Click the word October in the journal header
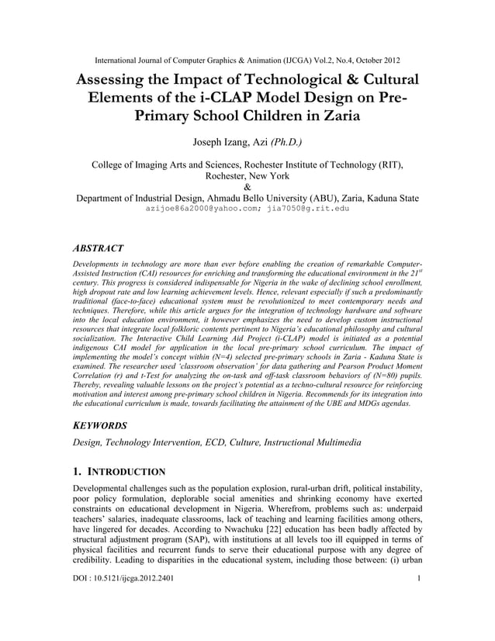[x=364, y=60]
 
